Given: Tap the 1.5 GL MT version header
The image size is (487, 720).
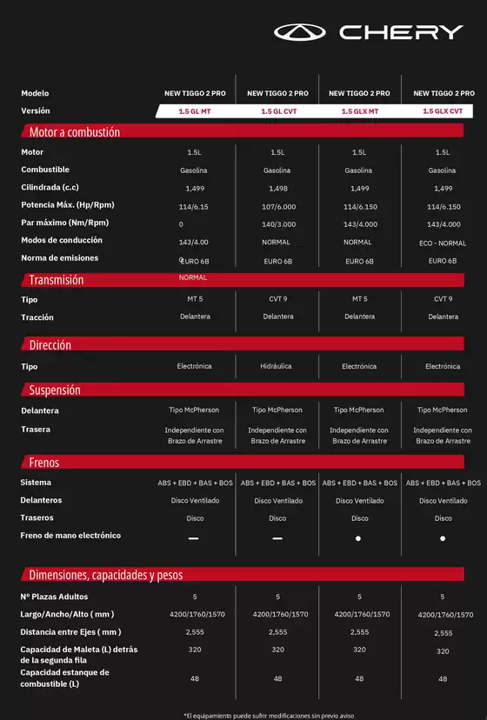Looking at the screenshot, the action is point(194,111).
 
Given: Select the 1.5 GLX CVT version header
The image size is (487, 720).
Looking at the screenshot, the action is point(443,111).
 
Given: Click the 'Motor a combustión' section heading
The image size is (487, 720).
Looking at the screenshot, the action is point(74,132).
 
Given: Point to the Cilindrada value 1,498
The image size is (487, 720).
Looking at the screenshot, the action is point(277,188).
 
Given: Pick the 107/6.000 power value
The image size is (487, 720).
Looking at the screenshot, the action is point(277,206).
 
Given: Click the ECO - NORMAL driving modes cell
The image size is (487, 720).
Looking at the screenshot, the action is point(443,243).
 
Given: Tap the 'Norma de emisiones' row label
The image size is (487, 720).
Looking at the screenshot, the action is point(59,258).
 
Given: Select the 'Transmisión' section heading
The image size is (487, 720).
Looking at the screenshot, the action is point(57,280).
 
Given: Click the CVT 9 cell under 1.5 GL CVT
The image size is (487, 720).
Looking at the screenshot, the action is point(277,299).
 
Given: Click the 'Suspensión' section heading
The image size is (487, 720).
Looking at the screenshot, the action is point(54,390).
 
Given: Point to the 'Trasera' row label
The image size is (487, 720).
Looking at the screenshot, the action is point(36,429).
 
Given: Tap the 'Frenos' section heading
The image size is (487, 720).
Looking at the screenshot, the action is point(43,463).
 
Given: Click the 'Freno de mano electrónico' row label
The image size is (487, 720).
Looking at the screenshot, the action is point(70,536).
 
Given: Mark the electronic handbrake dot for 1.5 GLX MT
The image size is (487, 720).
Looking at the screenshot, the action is point(359,538).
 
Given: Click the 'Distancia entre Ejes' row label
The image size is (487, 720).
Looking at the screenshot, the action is point(70,632).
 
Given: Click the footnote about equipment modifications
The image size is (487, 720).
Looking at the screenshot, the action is point(269,715).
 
